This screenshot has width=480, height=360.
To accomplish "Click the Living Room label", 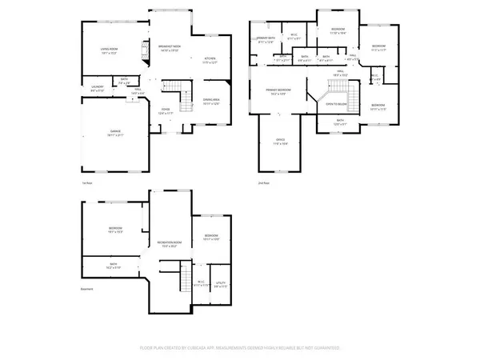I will (x=109, y=50).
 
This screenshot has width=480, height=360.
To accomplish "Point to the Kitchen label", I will (x=210, y=59).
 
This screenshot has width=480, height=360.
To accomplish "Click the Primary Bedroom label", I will (x=278, y=92).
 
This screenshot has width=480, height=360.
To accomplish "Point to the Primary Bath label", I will (x=266, y=40).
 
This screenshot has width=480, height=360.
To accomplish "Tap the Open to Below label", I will (x=336, y=104).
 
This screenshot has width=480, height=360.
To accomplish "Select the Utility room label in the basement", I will (x=221, y=283).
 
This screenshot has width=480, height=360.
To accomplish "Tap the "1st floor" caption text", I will (x=86, y=183).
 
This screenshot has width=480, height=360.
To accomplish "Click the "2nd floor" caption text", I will (x=262, y=183).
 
